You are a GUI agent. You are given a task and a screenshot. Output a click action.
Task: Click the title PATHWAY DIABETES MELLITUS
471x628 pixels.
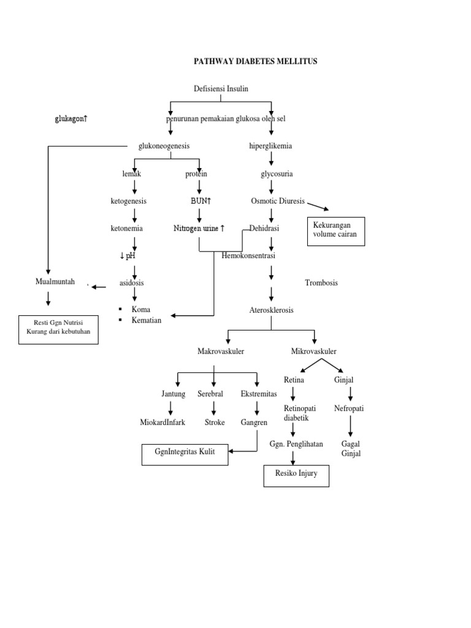(x=256, y=61)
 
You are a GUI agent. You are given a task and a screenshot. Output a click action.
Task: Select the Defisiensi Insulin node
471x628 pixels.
(x=221, y=89)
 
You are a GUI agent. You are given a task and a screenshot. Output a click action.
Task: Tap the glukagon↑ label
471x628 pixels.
(x=71, y=118)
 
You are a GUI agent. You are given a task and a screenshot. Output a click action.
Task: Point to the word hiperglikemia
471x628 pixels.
(x=270, y=146)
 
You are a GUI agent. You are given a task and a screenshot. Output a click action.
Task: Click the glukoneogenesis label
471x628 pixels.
(x=164, y=146)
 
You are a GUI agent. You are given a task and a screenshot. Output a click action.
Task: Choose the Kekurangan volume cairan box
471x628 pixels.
(x=335, y=231)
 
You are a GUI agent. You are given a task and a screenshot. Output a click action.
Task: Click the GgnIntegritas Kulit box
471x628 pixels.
(x=184, y=454)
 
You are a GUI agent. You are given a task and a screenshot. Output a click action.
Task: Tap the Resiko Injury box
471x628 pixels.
(x=296, y=475)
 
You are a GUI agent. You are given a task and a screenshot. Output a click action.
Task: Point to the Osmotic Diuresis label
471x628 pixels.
(x=278, y=201)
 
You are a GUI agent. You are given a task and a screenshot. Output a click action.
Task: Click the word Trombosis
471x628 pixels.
(x=321, y=283)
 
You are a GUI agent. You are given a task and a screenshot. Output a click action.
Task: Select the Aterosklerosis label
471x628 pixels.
(x=271, y=310)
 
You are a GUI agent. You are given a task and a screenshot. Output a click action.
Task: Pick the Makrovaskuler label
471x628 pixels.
(x=221, y=351)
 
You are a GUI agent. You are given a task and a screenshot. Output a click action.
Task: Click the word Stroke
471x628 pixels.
(x=215, y=422)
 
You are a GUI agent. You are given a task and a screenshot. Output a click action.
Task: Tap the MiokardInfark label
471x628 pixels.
(x=163, y=422)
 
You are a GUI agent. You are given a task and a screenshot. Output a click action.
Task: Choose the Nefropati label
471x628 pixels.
(x=349, y=408)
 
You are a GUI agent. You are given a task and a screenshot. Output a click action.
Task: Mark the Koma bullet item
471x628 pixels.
(x=140, y=310)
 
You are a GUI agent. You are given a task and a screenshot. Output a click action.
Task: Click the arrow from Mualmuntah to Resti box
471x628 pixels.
(x=48, y=299)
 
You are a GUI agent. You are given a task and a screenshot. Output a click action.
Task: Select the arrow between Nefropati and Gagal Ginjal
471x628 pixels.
(x=350, y=425)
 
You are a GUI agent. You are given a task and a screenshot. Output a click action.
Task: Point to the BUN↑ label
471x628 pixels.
(x=200, y=201)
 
